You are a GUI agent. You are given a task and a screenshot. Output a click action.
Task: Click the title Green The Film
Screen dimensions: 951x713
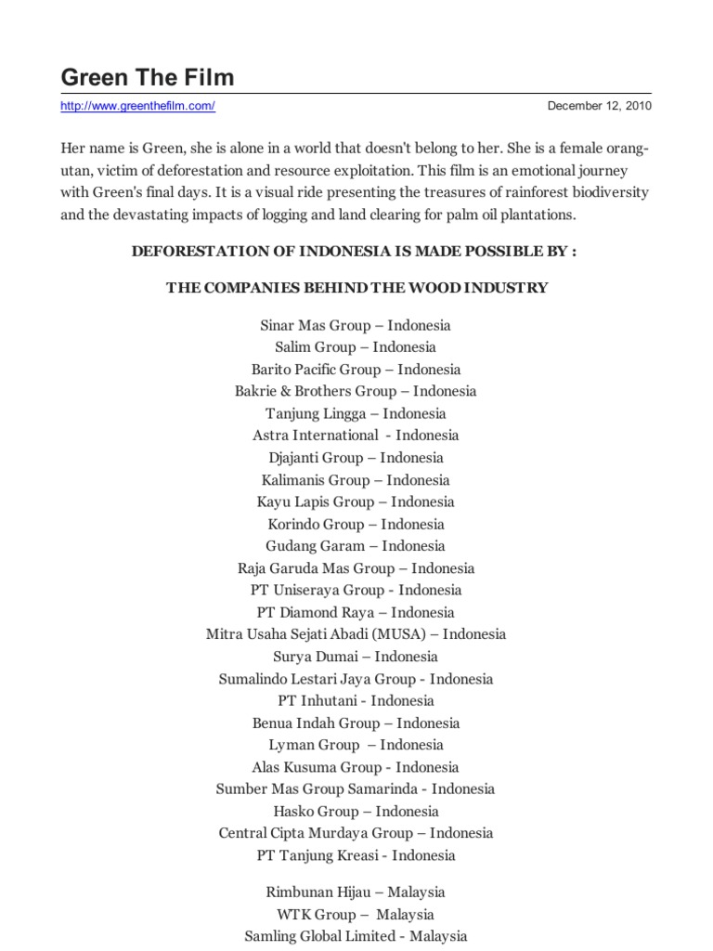coord(148,77)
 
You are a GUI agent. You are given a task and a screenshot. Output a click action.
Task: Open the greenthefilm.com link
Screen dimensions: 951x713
coord(137,106)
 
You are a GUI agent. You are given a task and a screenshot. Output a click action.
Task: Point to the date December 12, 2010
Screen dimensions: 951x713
coord(599,106)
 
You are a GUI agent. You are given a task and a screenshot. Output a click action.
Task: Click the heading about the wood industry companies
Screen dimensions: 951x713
coord(356,288)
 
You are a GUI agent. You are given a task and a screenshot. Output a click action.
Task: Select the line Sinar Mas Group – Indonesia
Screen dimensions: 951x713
coord(356,325)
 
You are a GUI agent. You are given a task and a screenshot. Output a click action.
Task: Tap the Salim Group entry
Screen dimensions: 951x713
coord(356,347)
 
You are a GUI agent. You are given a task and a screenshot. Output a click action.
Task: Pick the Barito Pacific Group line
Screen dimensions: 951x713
coord(356,370)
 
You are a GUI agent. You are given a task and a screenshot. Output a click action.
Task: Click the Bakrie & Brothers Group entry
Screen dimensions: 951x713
coord(356,391)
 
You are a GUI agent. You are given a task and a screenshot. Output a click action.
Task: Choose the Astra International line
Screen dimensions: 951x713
coord(356,436)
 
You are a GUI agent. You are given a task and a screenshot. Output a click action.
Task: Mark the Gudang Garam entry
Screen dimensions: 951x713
coord(356,546)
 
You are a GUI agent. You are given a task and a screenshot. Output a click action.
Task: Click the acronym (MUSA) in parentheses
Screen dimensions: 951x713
coord(404,634)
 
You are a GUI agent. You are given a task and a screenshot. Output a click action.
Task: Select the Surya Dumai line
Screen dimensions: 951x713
coord(356,657)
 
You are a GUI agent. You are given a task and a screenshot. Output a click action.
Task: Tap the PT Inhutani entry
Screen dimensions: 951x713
coord(356,701)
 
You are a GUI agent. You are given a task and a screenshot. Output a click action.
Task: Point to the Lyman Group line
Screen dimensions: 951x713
coord(356,745)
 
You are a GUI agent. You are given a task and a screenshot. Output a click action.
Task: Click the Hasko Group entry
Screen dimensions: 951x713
coord(356,811)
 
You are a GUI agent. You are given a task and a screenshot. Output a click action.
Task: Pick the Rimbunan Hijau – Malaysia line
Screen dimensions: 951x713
coord(356,892)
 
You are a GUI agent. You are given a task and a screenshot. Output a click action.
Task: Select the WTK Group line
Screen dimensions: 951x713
coord(356,915)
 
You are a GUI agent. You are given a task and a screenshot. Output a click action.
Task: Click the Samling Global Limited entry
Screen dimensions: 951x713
coord(356,936)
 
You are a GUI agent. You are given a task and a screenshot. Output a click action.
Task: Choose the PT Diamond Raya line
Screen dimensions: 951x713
coord(356,613)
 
